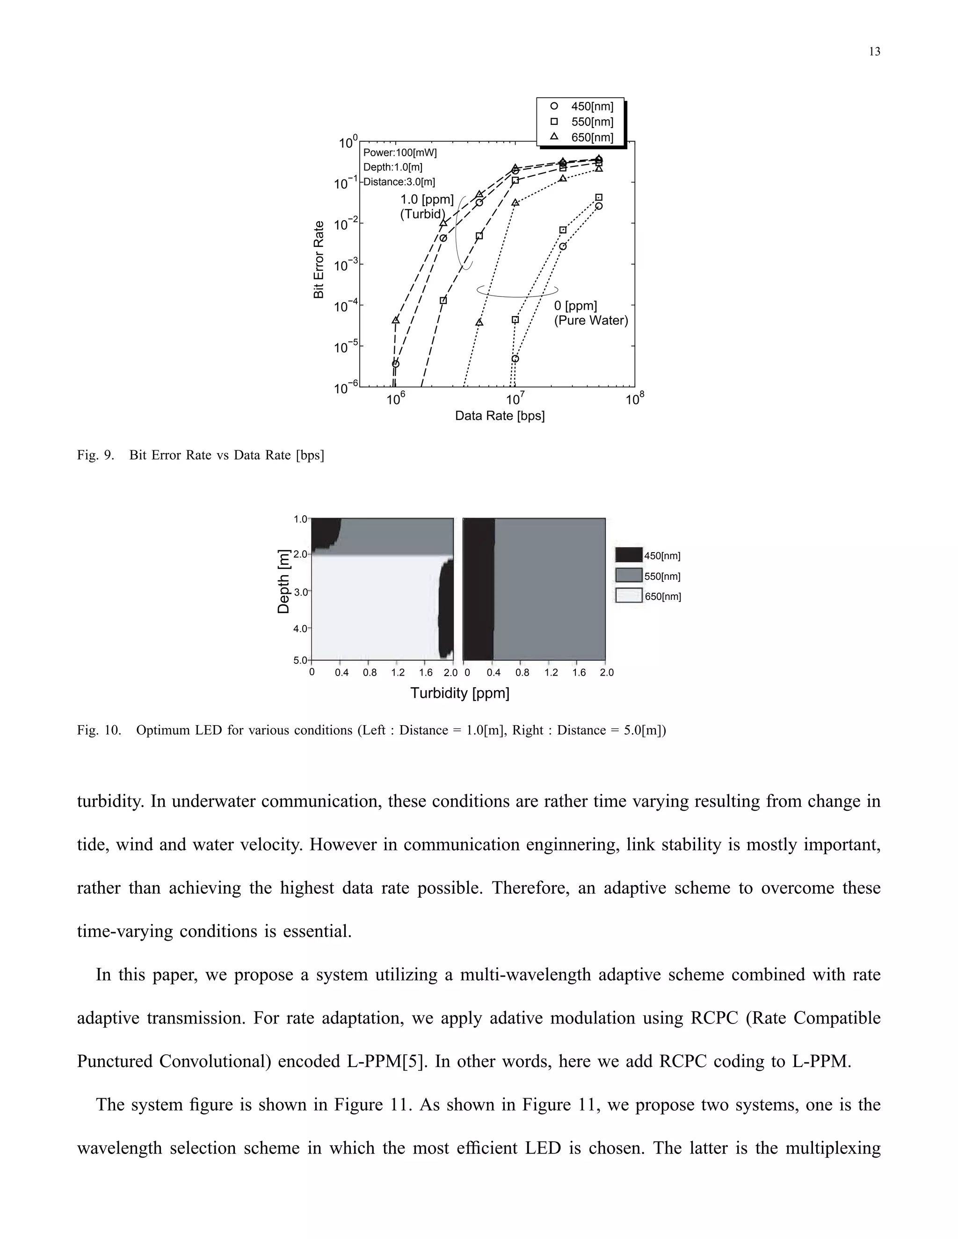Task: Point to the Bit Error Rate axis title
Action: click(x=319, y=259)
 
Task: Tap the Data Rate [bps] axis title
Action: click(x=500, y=416)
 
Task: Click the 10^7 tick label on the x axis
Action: click(x=514, y=399)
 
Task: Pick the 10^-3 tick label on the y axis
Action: click(x=345, y=266)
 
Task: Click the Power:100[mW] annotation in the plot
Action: click(x=399, y=152)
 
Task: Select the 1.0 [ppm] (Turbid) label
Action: click(x=426, y=207)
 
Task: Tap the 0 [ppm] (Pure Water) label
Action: click(x=590, y=313)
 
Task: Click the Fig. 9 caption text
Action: click(x=200, y=455)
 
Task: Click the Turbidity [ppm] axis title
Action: click(x=460, y=693)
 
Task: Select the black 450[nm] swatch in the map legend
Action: click(x=629, y=555)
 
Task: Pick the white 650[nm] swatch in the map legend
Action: click(x=629, y=596)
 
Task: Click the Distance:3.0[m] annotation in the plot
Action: click(x=399, y=182)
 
